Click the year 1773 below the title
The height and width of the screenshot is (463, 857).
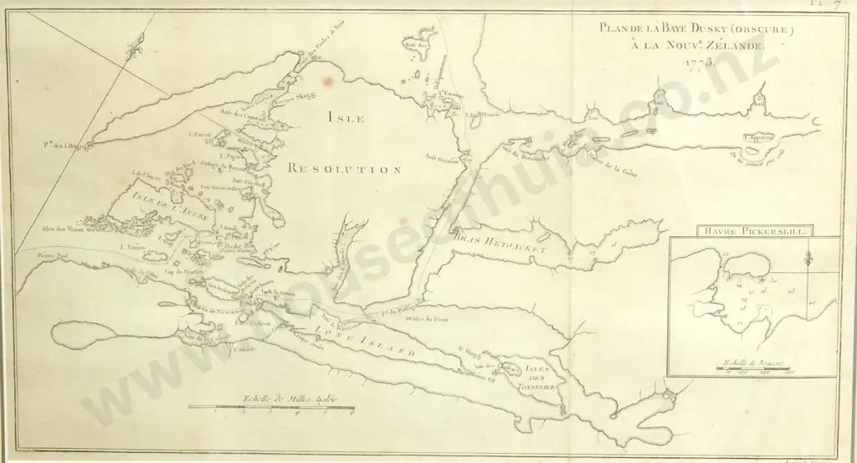(x=697, y=63)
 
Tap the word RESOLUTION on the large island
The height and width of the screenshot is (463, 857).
(x=343, y=169)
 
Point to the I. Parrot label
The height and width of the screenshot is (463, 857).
(x=202, y=134)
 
